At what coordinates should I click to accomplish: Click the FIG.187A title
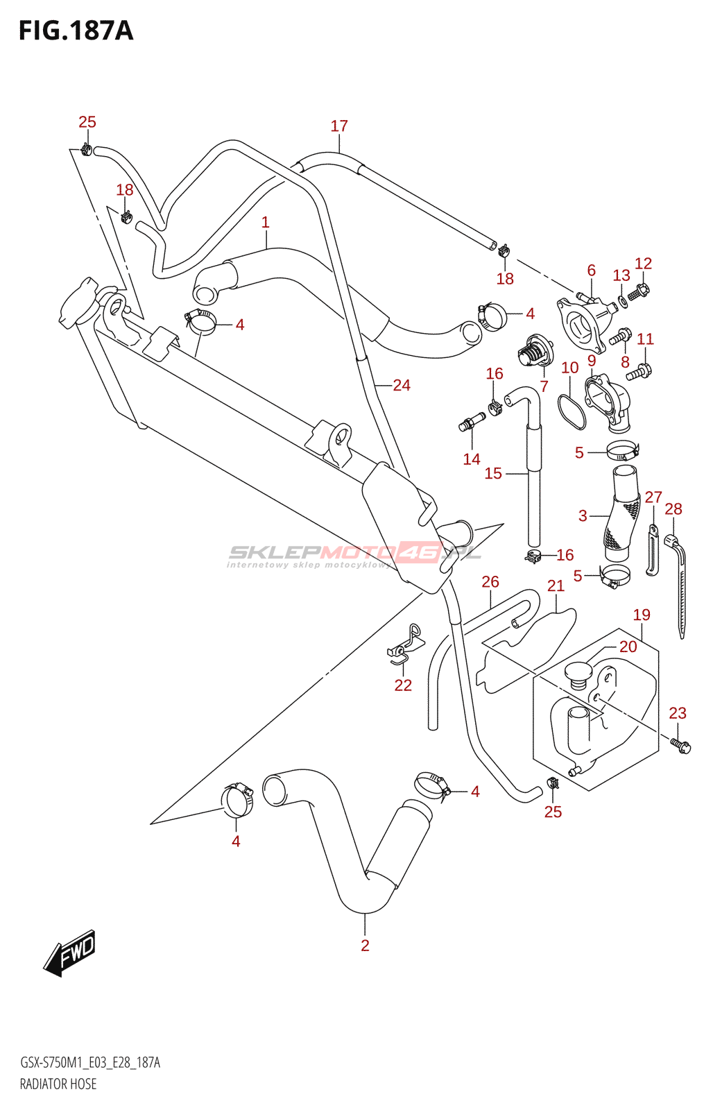[x=76, y=31]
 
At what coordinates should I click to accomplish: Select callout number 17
[x=338, y=126]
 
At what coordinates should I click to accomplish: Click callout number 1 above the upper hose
[x=265, y=223]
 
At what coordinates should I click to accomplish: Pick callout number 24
[x=402, y=386]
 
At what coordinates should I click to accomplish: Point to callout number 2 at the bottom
[x=365, y=945]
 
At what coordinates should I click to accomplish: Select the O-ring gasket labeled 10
[x=571, y=409]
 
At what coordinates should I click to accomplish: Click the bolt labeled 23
[x=680, y=746]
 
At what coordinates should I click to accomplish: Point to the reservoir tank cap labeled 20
[x=577, y=672]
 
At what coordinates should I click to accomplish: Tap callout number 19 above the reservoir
[x=642, y=615]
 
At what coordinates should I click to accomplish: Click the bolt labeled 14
[x=471, y=422]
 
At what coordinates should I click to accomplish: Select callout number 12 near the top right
[x=643, y=264]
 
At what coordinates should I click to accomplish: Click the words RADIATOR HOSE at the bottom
[x=58, y=1084]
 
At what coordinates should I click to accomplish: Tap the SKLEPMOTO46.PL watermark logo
[x=354, y=553]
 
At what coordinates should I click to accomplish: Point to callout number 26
[x=490, y=582]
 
